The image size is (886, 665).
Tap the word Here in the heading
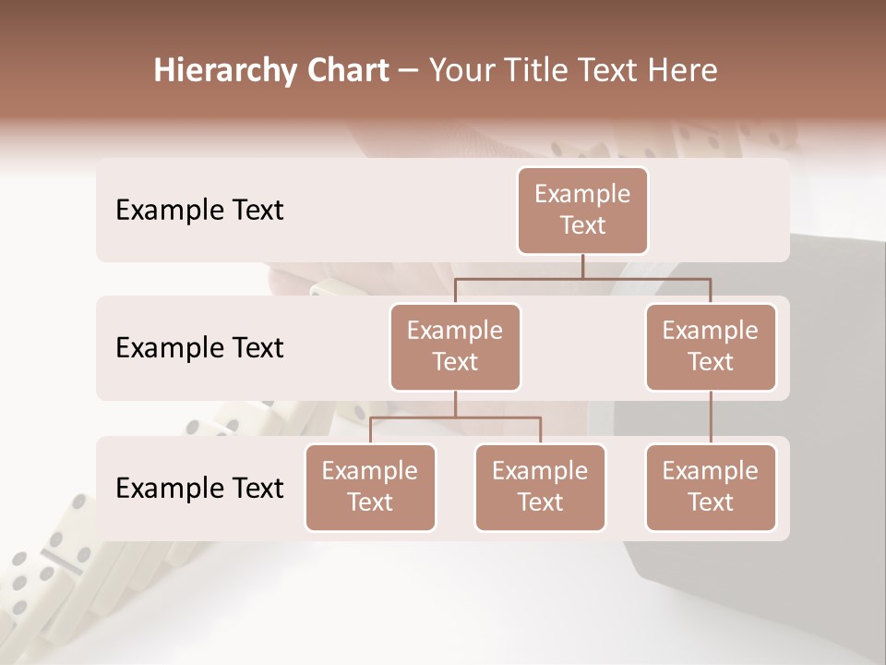click(x=683, y=70)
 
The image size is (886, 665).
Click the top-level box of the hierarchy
click(x=582, y=210)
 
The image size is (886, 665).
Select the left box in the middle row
click(x=455, y=346)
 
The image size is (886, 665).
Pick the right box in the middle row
click(x=711, y=346)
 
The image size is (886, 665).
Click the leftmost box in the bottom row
click(x=370, y=487)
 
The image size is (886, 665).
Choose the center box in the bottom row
click(x=540, y=487)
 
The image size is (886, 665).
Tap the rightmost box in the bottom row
click(x=711, y=487)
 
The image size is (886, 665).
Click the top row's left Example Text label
click(x=199, y=210)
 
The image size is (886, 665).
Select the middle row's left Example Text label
click(x=199, y=347)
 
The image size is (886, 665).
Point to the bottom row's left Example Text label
click(x=199, y=488)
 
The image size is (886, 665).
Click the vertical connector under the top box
click(x=582, y=266)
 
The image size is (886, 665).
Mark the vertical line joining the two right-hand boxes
click(x=711, y=417)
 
